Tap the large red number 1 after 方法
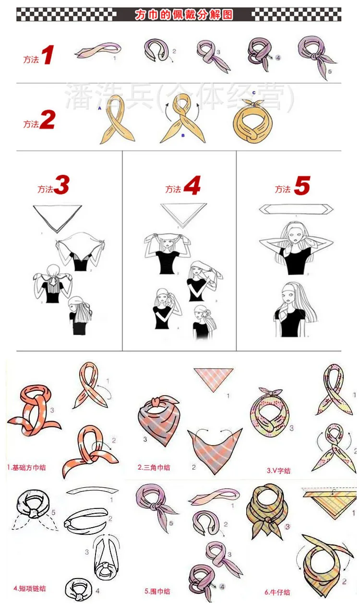(x=47, y=56)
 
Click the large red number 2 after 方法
(x=47, y=121)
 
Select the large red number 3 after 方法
(x=61, y=186)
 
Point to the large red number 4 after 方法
(x=192, y=186)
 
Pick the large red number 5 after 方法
(x=301, y=186)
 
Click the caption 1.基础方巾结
(x=27, y=467)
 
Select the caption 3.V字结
(x=278, y=471)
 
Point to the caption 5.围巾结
(x=157, y=591)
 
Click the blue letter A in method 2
(x=99, y=109)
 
